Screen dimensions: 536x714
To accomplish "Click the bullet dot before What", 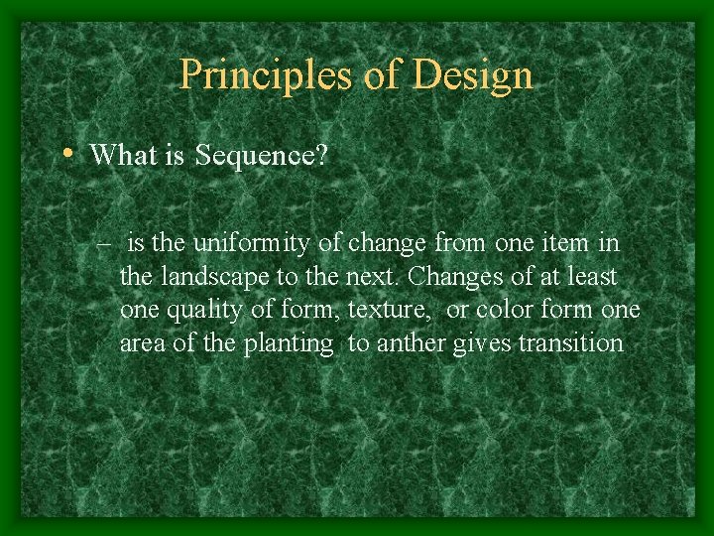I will coord(65,154).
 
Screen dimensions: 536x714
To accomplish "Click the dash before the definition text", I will coord(104,243).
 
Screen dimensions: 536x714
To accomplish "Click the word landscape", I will coord(211,277).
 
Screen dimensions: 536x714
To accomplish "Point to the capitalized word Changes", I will coord(458,277).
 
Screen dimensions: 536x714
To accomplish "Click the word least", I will coord(591,277).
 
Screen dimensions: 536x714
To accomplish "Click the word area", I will coord(144,343).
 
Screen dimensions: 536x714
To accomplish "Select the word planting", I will coord(293,344).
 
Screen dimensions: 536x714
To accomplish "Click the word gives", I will coord(490,343).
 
